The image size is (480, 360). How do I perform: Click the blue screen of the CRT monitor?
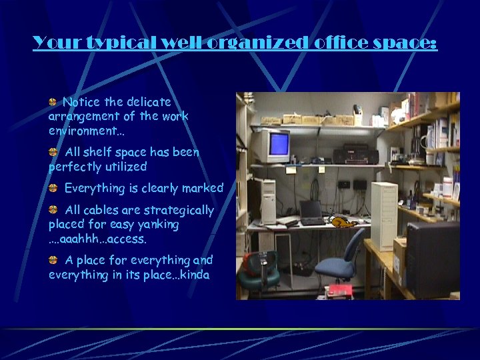(278, 144)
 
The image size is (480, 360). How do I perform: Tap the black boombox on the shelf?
(350, 155)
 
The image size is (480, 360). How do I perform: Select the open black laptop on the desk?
(311, 213)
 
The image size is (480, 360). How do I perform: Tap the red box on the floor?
(340, 291)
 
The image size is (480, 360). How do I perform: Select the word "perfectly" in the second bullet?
(75, 167)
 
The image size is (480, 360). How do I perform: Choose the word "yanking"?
(157, 225)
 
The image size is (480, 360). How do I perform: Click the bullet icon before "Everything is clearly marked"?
(53, 188)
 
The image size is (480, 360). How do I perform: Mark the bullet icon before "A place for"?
(53, 259)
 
